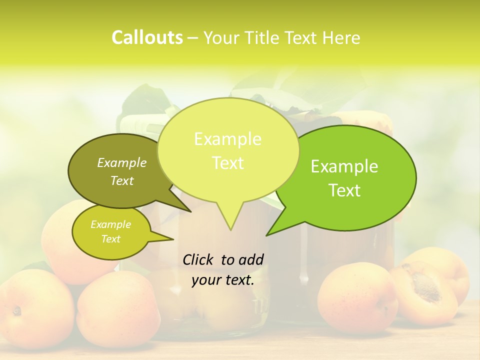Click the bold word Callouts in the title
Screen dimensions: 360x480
[147, 38]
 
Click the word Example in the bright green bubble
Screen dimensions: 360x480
[344, 166]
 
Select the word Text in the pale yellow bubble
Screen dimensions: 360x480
[228, 163]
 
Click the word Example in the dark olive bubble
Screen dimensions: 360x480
[122, 162]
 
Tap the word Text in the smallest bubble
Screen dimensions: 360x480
[110, 239]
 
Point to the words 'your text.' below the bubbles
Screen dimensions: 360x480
[222, 280]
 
